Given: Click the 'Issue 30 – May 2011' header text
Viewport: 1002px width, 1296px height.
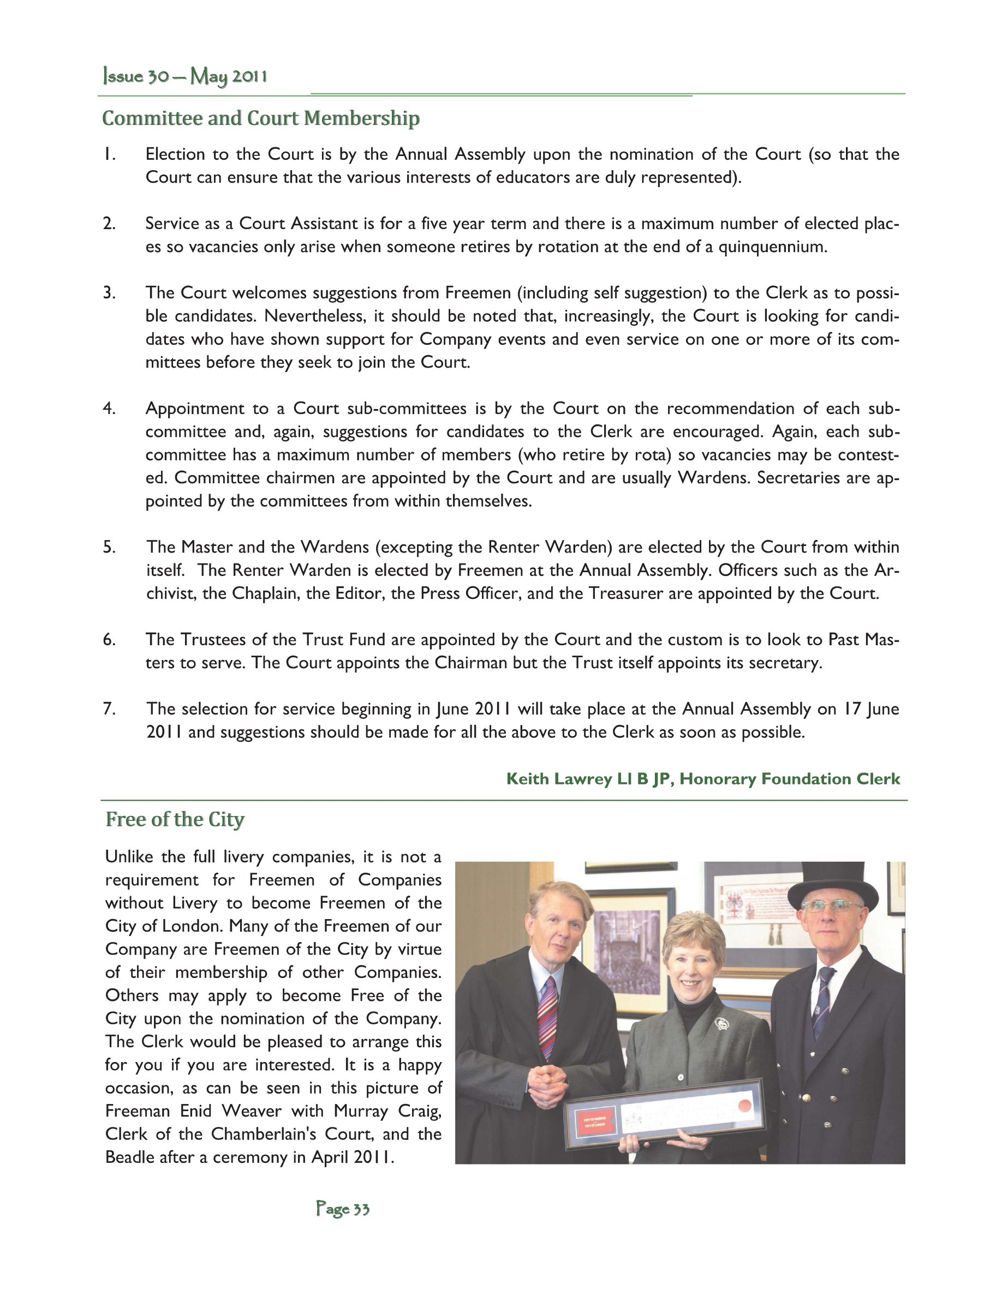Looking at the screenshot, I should point(184,76).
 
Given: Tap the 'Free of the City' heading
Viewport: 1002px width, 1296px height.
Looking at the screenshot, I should point(175,819).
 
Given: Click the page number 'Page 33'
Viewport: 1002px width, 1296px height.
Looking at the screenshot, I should point(343,1209).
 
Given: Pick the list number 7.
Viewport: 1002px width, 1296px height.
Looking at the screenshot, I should point(109,709).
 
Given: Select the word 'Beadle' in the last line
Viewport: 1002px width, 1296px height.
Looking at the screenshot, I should point(129,1156).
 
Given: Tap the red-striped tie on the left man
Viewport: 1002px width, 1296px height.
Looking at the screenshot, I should point(547,1018).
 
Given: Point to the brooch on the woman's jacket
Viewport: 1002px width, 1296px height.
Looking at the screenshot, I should point(721,1024).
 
